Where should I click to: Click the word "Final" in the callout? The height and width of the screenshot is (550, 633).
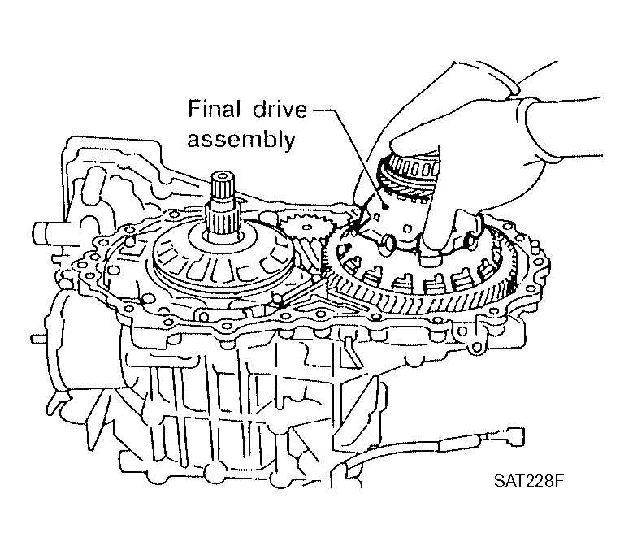coord(214,110)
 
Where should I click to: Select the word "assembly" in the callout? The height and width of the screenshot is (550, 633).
coord(241,141)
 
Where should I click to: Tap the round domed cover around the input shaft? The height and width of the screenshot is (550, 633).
coord(224,259)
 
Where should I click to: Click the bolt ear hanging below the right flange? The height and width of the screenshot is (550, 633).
coord(475,347)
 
